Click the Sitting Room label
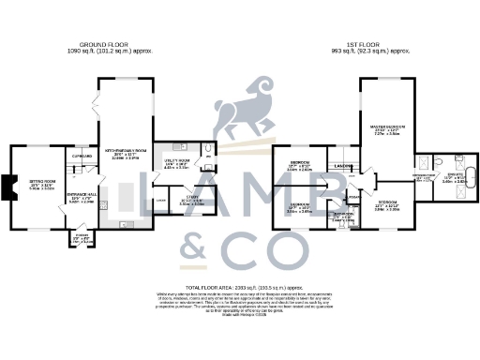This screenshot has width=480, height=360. [41, 184]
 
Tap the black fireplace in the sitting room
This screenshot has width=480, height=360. [7, 188]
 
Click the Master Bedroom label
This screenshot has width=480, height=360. [387, 131]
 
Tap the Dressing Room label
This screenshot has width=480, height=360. [424, 175]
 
